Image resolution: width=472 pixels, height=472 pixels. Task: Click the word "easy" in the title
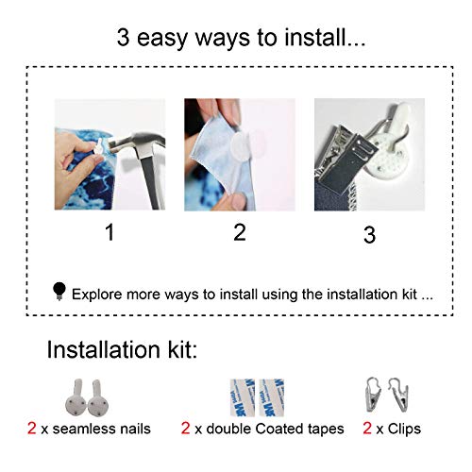(162, 38)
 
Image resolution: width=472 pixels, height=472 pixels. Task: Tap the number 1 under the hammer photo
(110, 232)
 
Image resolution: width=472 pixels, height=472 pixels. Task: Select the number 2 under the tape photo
(240, 232)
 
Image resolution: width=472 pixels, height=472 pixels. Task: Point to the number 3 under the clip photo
(369, 235)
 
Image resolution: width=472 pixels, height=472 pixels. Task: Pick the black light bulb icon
(59, 292)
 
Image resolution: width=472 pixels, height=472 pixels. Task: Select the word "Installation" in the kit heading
(104, 349)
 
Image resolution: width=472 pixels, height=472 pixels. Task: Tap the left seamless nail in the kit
(76, 397)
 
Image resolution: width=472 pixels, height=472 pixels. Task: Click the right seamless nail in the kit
(98, 397)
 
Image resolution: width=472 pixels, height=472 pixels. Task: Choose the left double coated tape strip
(243, 397)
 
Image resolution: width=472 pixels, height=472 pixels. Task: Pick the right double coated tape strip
(272, 397)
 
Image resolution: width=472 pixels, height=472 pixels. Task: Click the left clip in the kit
(373, 396)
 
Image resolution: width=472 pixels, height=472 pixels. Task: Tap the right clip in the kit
(399, 396)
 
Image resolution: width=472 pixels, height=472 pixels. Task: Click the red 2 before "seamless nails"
(32, 429)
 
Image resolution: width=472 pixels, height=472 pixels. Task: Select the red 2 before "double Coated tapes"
(185, 429)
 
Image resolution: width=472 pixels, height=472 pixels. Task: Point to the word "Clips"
(404, 430)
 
